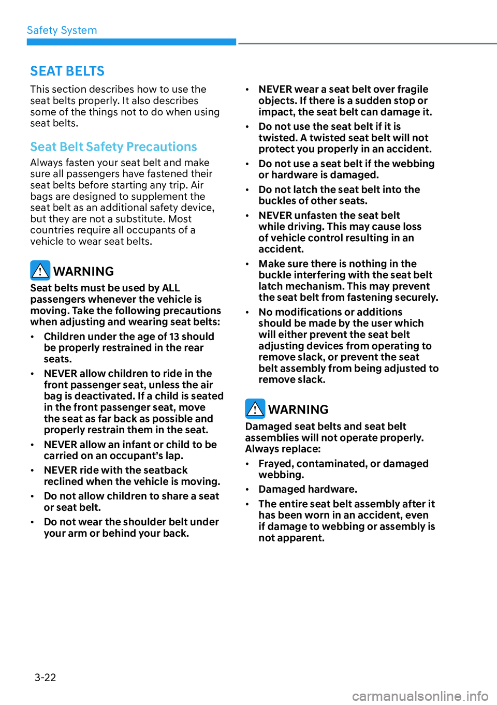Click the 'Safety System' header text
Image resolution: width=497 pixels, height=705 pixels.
click(62, 31)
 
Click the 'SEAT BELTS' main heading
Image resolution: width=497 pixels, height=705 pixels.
click(67, 71)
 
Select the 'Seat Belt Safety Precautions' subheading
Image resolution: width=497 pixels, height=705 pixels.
click(113, 147)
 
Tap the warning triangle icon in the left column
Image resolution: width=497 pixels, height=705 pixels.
click(40, 270)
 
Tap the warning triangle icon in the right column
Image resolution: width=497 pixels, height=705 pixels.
click(255, 408)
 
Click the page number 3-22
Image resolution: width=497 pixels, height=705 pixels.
click(45, 677)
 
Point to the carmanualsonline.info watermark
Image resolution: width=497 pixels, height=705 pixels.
click(420, 696)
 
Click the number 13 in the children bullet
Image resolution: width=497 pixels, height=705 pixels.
click(174, 336)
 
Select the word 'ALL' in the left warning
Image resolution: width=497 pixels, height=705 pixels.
click(171, 288)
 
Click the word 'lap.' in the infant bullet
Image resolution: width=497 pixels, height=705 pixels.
click(174, 456)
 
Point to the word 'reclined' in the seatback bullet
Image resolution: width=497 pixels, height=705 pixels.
click(64, 481)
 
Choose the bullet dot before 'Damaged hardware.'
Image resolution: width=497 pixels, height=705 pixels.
click(247, 490)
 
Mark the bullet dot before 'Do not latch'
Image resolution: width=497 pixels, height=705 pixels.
click(247, 190)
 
